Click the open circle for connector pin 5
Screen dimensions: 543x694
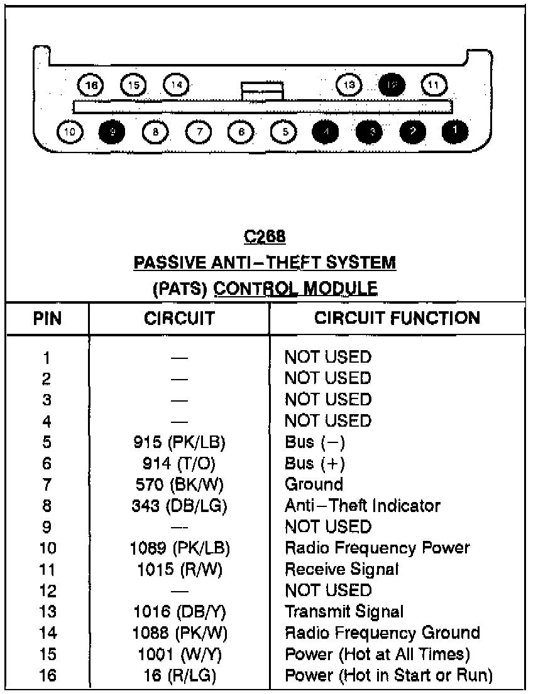click(x=284, y=131)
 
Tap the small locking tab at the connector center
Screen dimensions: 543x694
click(x=262, y=92)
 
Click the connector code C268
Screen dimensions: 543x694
click(x=264, y=237)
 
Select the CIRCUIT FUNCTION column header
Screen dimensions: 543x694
click(x=397, y=318)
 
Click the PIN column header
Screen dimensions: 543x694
click(x=47, y=318)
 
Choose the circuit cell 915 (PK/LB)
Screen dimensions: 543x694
click(x=180, y=442)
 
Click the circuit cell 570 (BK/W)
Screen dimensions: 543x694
click(x=180, y=484)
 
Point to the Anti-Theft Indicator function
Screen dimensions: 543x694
click(x=363, y=505)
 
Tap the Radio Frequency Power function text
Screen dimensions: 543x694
click(x=377, y=548)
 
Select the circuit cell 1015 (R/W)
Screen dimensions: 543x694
click(x=180, y=569)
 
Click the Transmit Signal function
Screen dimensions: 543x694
click(x=344, y=611)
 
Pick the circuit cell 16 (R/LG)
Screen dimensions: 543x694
click(x=180, y=675)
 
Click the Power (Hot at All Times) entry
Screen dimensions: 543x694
click(x=377, y=654)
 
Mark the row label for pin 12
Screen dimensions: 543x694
click(x=47, y=590)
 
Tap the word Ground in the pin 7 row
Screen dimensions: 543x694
click(x=314, y=484)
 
